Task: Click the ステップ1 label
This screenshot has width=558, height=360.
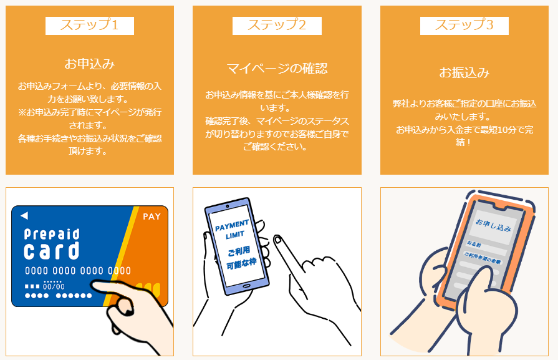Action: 89,26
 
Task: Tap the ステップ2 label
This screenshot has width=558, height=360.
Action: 277,26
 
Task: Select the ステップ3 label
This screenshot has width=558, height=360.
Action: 464,26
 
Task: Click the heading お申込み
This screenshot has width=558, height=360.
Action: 89,64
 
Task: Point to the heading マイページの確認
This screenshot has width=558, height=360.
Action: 277,68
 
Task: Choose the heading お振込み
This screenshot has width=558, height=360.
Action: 464,72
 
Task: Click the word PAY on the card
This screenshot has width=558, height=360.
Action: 152,217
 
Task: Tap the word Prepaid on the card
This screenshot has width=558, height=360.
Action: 52,234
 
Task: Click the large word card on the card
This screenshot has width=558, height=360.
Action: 52,251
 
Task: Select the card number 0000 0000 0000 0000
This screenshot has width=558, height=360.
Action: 78,271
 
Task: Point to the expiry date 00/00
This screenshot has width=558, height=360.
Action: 54,286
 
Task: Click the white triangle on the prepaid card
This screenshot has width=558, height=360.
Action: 24,216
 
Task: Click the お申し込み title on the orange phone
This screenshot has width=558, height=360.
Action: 493,222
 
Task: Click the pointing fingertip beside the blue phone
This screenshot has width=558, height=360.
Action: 277,240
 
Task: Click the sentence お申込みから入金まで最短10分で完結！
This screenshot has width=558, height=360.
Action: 464,136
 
